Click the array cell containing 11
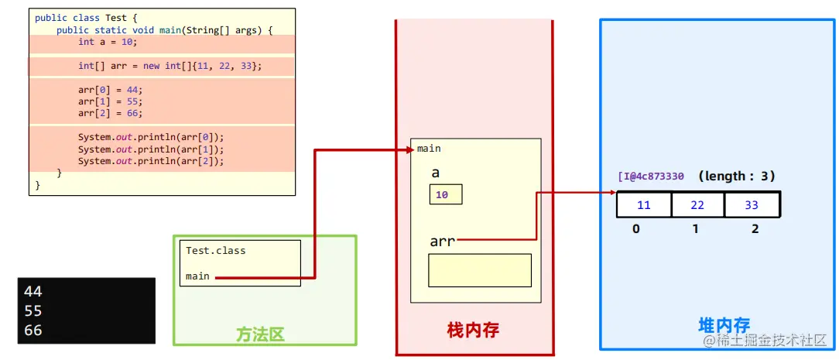[x=643, y=205]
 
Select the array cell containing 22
[x=697, y=205]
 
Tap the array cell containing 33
[x=752, y=205]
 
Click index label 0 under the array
[x=635, y=229]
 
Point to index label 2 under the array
[x=755, y=229]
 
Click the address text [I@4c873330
[x=651, y=177]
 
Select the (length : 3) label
[x=736, y=177]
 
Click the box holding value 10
[x=445, y=195]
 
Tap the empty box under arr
[x=480, y=270]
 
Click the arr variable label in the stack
[x=442, y=242]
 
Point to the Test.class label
[x=215, y=251]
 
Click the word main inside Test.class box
[x=197, y=276]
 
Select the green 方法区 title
[x=260, y=334]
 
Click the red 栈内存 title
[x=473, y=331]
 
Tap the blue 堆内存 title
[x=724, y=326]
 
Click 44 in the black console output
[x=33, y=292]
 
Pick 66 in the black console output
[x=33, y=331]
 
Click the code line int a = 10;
[x=107, y=43]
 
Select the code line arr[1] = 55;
[x=110, y=101]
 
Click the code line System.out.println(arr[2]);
[x=150, y=161]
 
